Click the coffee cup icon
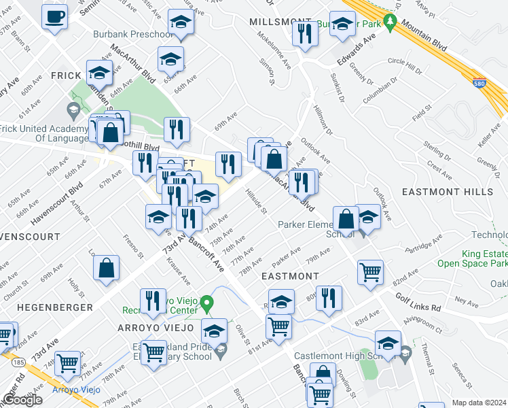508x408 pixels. (54, 16)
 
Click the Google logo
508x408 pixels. (22, 400)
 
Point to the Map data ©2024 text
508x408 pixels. (479, 403)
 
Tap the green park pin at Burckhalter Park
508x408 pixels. (390, 22)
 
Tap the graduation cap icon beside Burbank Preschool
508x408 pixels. (181, 24)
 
